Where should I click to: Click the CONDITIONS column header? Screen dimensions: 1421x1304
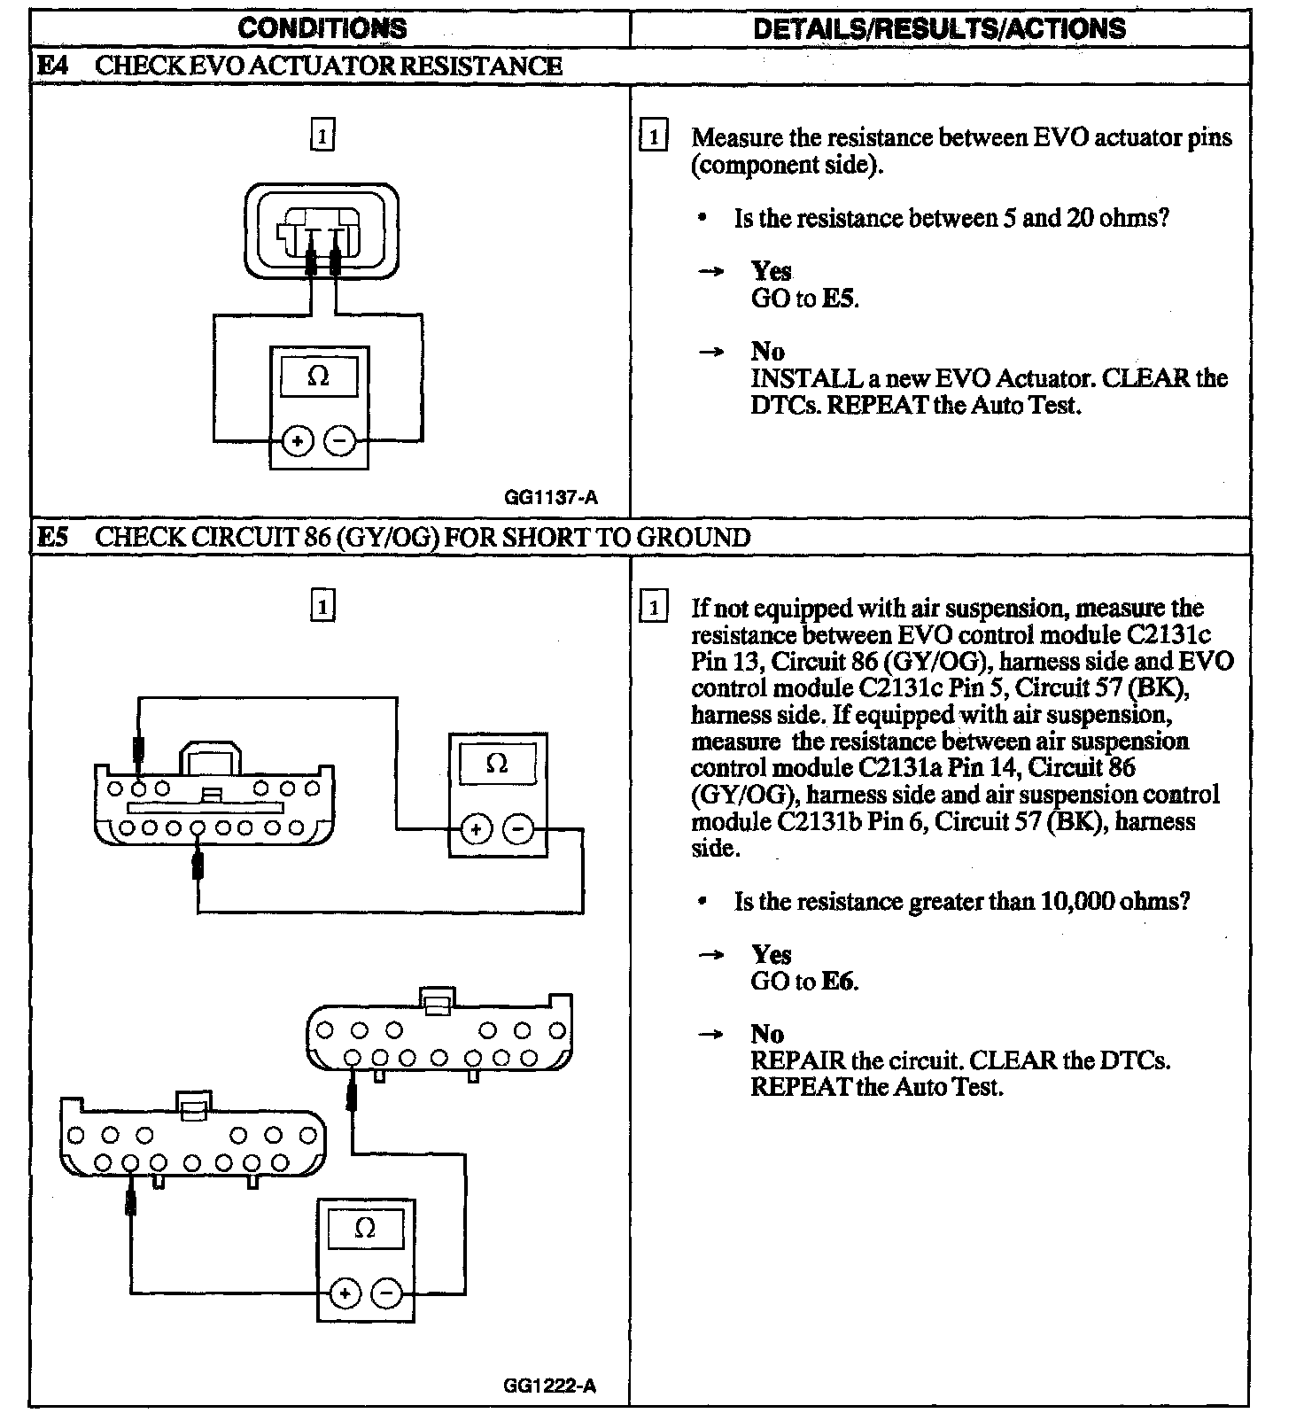322,28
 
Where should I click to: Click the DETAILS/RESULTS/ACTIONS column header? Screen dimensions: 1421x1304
939,28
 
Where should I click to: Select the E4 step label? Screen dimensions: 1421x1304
52,66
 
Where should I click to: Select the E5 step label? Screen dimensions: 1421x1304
52,537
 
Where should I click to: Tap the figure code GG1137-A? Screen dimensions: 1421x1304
550,498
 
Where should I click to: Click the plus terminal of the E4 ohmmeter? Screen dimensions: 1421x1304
298,440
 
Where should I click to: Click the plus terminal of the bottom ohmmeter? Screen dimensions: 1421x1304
345,1294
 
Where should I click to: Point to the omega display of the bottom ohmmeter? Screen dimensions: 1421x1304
365,1229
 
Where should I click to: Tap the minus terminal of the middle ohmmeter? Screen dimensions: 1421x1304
519,829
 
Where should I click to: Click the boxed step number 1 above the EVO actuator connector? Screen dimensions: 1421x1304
322,136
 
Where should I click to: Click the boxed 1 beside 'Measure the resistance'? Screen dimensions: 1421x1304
654,136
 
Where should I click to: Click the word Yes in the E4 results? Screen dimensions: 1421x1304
771,271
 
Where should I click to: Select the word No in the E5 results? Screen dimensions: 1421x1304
767,1034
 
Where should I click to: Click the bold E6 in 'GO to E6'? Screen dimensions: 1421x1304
838,981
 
